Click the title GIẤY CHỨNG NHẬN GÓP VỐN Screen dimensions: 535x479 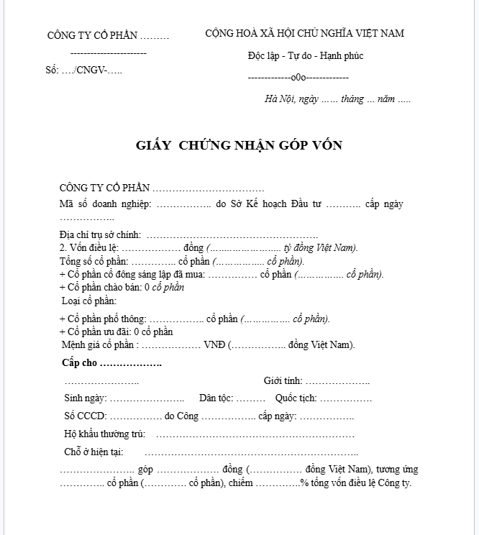(x=239, y=145)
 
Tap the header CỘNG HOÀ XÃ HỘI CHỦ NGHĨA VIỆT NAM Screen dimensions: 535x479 (x=305, y=33)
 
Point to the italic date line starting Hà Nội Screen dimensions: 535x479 (x=337, y=99)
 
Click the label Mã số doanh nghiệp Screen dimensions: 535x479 (x=105, y=204)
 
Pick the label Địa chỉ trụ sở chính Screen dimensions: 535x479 (x=100, y=235)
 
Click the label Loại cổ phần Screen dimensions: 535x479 (x=89, y=301)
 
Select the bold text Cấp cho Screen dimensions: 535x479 (x=80, y=363)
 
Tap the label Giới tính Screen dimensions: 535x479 (x=283, y=381)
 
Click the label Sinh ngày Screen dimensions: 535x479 (x=86, y=398)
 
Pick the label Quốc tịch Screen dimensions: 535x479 (x=296, y=398)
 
